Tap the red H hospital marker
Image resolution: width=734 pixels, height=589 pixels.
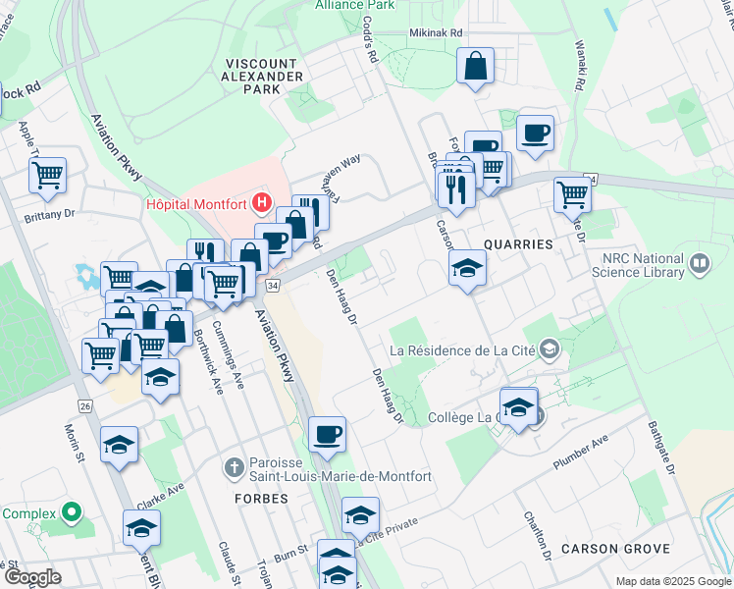(x=262, y=203)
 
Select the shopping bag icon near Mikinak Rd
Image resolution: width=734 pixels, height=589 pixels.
(x=475, y=67)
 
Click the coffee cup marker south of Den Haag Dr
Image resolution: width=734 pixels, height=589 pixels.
(x=327, y=433)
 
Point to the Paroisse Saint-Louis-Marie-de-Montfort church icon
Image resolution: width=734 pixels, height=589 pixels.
(x=234, y=467)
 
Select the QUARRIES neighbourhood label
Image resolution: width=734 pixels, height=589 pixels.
(x=518, y=243)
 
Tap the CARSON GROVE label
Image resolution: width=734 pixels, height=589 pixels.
(x=615, y=548)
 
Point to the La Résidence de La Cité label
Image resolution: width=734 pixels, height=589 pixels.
(x=464, y=349)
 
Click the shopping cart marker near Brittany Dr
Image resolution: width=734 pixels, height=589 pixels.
(x=47, y=176)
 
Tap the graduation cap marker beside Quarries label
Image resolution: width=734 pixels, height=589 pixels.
(x=468, y=268)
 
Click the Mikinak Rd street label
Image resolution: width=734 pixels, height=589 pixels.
(x=434, y=32)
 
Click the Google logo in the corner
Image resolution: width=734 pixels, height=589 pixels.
(x=32, y=578)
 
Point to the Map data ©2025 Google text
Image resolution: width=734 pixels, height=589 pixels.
(x=672, y=581)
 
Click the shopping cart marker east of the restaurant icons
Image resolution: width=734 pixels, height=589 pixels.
(x=572, y=193)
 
